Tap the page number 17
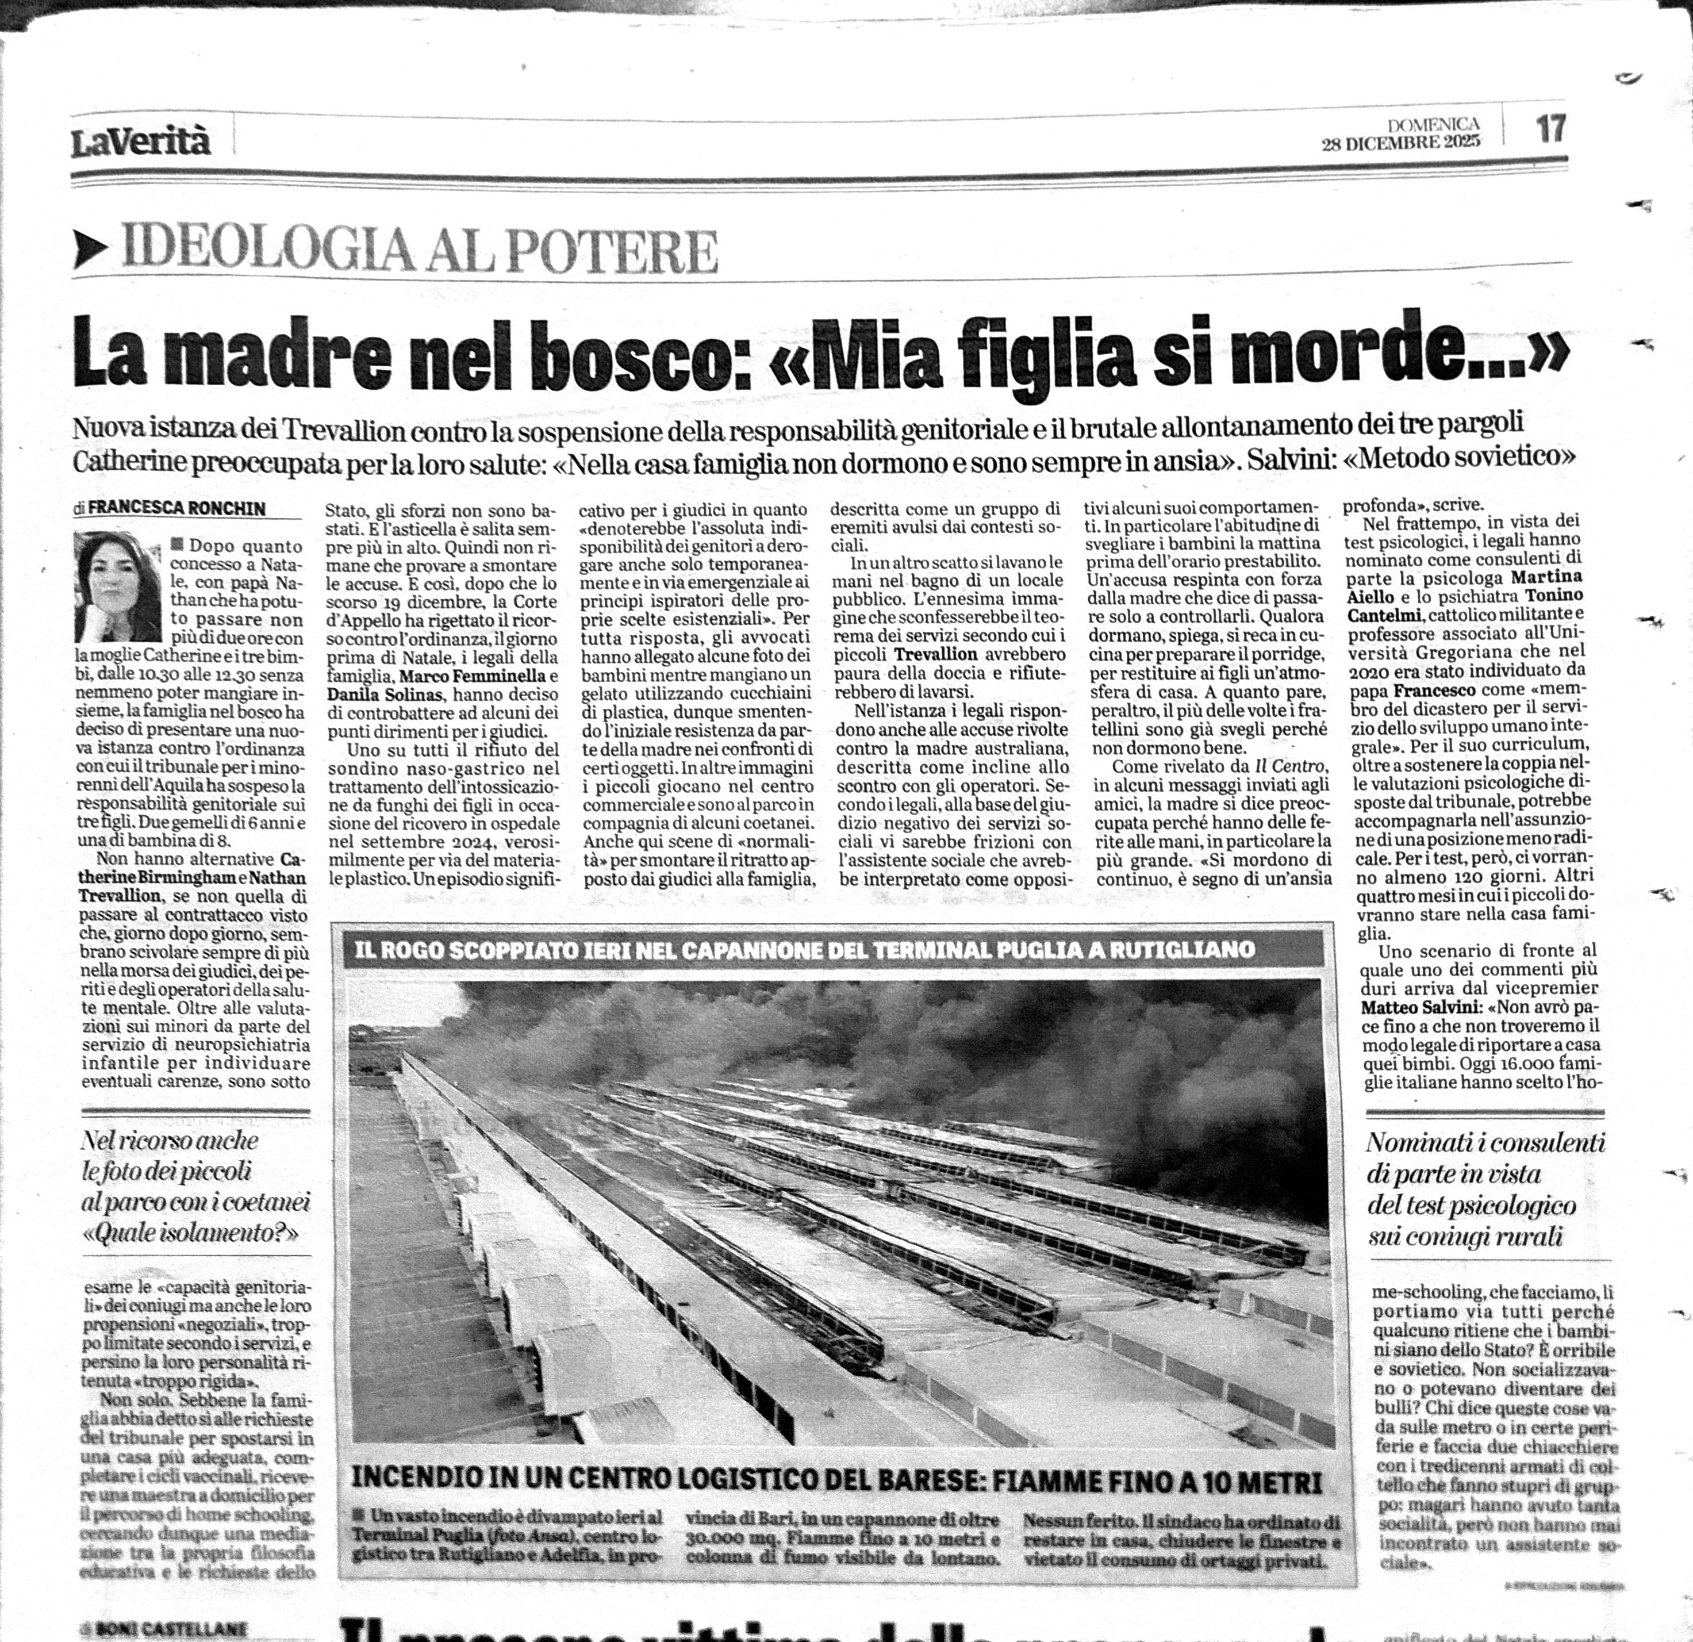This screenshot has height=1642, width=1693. coord(1550,129)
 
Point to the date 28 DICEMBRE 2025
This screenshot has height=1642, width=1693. coord(1400,143)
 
